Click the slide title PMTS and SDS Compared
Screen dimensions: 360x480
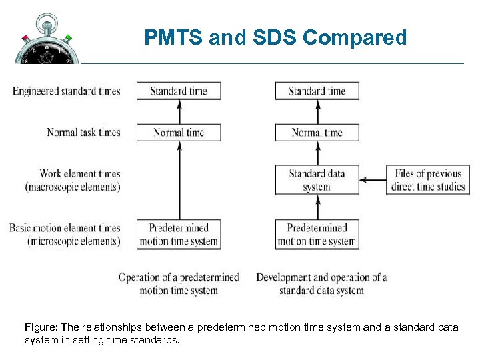[275, 38]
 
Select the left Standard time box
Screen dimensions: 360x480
[179, 91]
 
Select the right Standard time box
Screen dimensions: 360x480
[317, 91]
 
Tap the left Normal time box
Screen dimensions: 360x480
[179, 132]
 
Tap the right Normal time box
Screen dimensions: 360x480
[317, 132]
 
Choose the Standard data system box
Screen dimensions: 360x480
[317, 180]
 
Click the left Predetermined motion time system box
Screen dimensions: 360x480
[179, 235]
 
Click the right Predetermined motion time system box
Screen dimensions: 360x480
[317, 235]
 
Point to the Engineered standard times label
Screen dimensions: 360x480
[66, 91]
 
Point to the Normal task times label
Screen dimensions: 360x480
[83, 132]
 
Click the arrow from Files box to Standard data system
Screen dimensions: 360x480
[373, 179]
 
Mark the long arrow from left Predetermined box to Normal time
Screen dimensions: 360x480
[179, 180]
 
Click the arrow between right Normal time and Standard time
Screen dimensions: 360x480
[317, 111]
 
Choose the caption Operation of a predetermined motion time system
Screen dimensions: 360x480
[179, 283]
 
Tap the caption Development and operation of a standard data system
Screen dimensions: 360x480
[321, 283]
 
